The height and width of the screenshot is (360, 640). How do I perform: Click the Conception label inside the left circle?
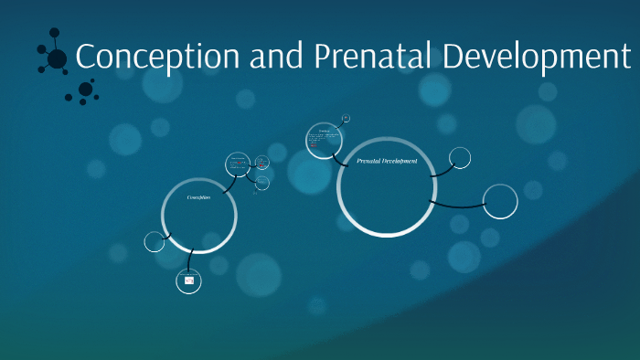(198, 197)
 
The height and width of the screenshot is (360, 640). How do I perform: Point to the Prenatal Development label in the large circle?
(387, 161)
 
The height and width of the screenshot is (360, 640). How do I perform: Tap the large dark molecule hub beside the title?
(57, 58)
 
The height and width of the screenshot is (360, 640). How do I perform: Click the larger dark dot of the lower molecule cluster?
(86, 89)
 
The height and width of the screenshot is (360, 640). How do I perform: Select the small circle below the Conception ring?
(189, 281)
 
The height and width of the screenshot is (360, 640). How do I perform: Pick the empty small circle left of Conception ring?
(155, 242)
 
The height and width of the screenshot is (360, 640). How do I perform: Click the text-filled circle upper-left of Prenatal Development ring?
(322, 141)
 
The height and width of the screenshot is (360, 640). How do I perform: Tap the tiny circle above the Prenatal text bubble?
(346, 119)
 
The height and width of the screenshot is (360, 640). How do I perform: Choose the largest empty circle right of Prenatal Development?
(500, 202)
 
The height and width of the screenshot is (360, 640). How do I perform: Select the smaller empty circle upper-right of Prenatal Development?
(460, 158)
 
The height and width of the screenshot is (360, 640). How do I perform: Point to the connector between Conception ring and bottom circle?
(191, 260)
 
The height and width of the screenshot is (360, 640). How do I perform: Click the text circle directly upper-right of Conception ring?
(238, 165)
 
